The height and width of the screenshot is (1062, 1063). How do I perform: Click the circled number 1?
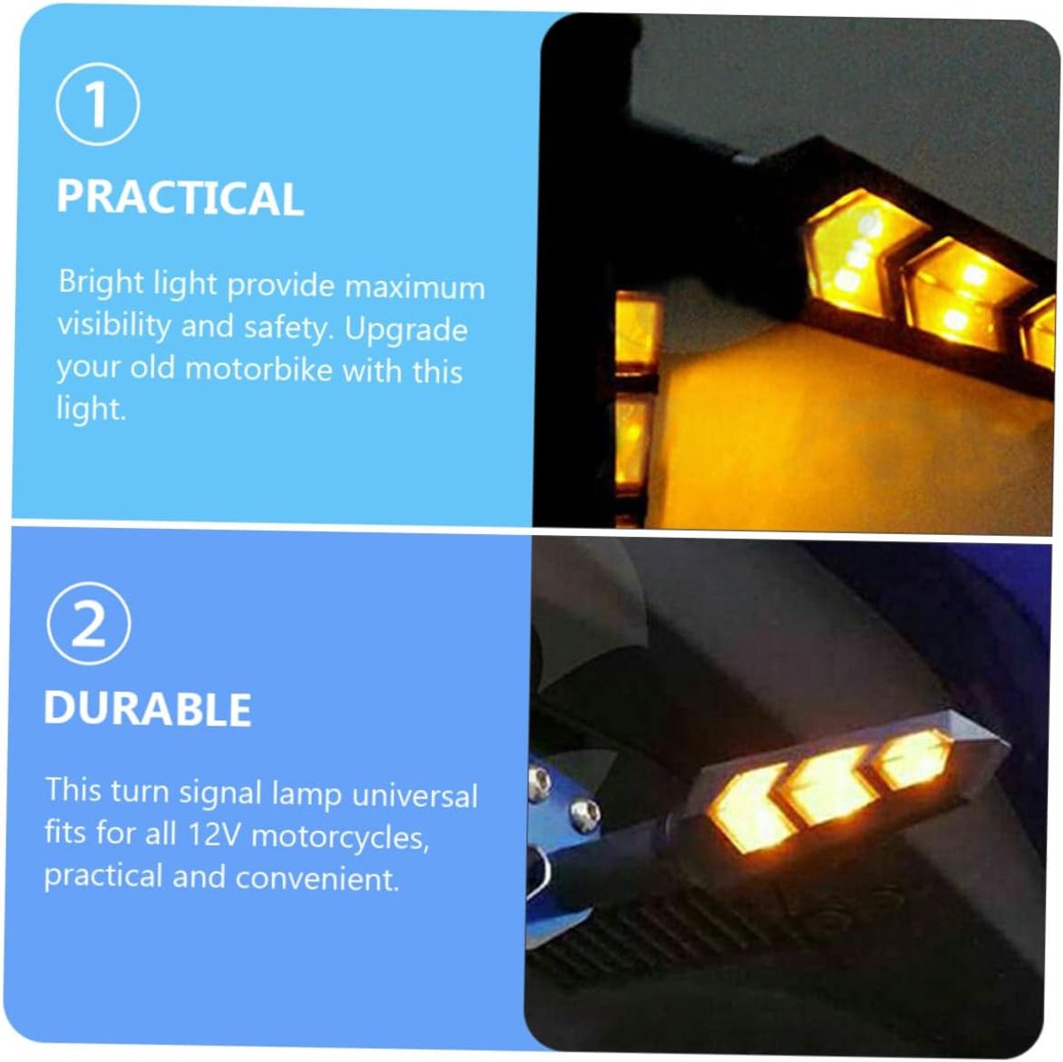pos(97,105)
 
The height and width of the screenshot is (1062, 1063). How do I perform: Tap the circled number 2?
pos(89,624)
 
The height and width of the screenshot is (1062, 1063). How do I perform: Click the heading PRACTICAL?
pos(180,198)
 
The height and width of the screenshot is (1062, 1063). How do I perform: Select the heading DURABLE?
pos(147,708)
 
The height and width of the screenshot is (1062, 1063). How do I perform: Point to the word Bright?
pos(102,283)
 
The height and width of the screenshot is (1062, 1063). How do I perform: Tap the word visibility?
pos(114,324)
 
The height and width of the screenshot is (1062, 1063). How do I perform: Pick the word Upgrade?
pos(406,330)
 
